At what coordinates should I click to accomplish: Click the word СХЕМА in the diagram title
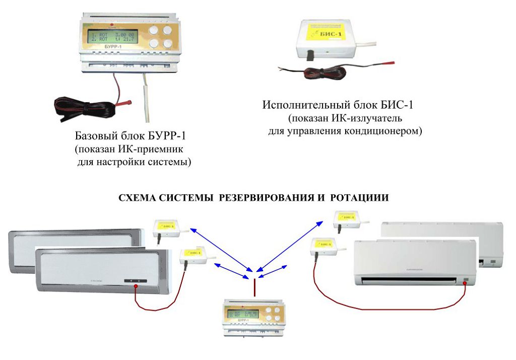point(138,198)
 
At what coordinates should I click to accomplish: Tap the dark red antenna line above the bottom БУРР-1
point(254,287)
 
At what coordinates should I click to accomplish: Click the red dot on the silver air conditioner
point(136,287)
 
